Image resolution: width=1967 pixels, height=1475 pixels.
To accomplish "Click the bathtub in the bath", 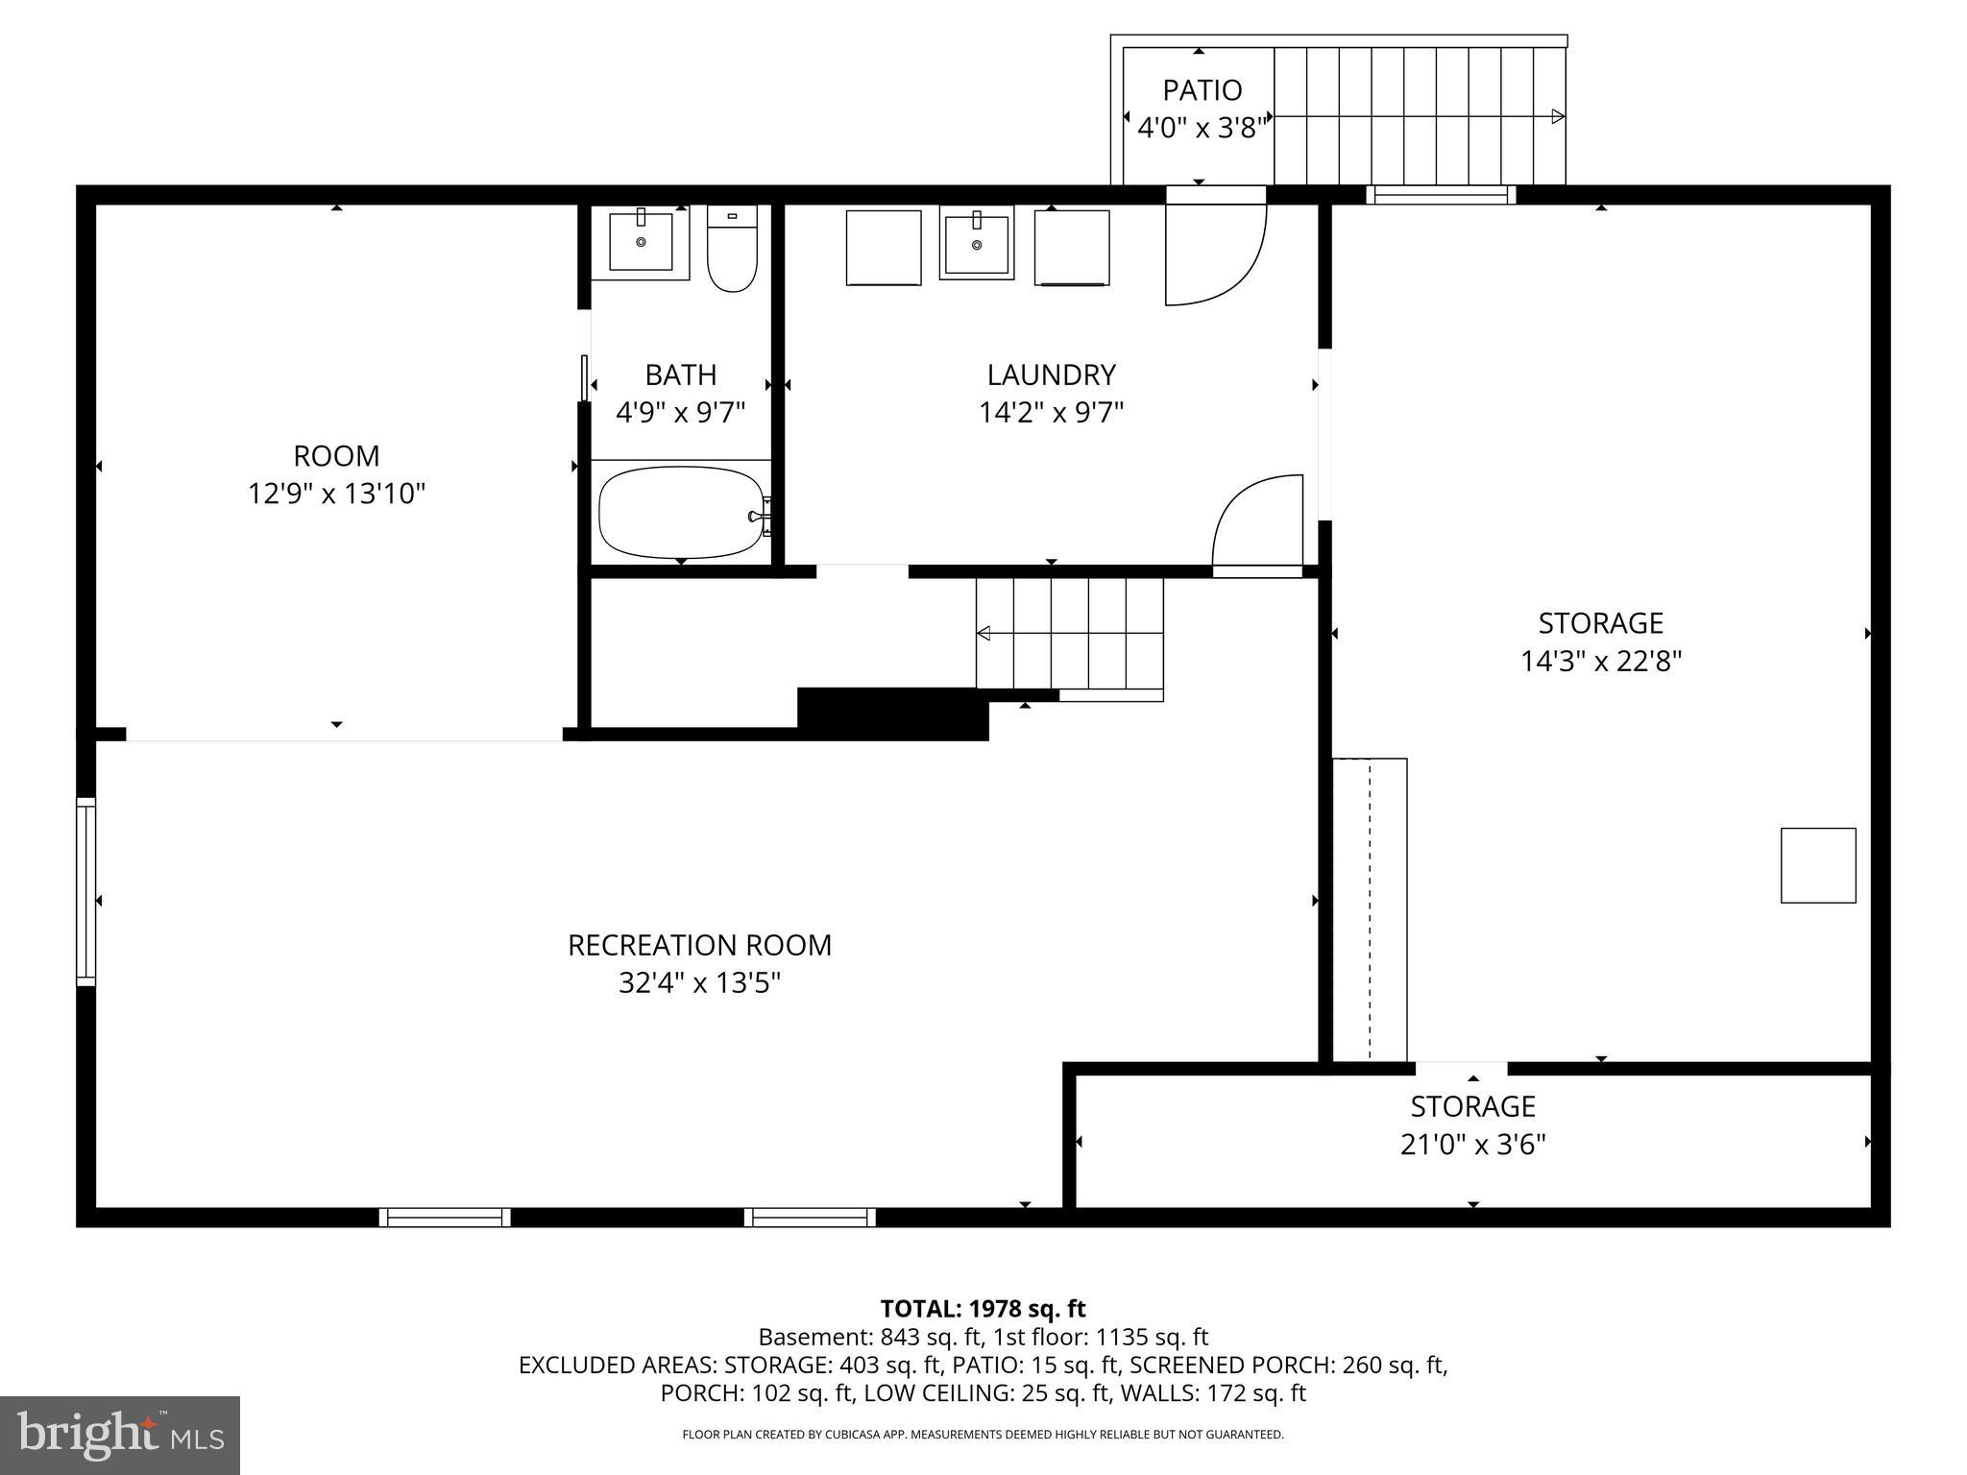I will (x=681, y=512).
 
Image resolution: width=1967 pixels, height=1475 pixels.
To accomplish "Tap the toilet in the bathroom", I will (x=732, y=250).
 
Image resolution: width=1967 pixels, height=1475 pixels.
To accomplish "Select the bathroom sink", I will (x=641, y=241).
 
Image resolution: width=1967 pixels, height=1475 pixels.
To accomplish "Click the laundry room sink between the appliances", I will (x=976, y=244).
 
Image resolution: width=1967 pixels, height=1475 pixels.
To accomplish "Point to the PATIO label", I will (x=1202, y=90).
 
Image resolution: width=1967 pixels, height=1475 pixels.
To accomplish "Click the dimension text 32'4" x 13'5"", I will (x=699, y=983).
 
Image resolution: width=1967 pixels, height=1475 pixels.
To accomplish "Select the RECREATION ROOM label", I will (x=699, y=945).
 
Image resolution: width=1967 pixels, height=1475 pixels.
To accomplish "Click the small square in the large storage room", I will (x=1817, y=865).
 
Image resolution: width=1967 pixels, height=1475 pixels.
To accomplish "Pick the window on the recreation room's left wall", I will (x=86, y=891).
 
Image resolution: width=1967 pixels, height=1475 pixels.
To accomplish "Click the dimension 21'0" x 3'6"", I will (x=1472, y=1145).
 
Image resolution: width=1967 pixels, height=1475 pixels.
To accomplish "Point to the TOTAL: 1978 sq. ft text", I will (x=983, y=1309).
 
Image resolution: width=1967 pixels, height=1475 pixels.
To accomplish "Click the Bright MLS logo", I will (x=120, y=1435).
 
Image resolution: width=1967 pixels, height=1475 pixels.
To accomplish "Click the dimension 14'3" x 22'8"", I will (x=1600, y=662).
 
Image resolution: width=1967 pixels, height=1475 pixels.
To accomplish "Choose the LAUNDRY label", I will (x=1051, y=375).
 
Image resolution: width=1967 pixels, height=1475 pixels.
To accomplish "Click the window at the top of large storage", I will (x=1440, y=195).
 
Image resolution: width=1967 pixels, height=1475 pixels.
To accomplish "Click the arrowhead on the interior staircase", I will (x=983, y=633).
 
